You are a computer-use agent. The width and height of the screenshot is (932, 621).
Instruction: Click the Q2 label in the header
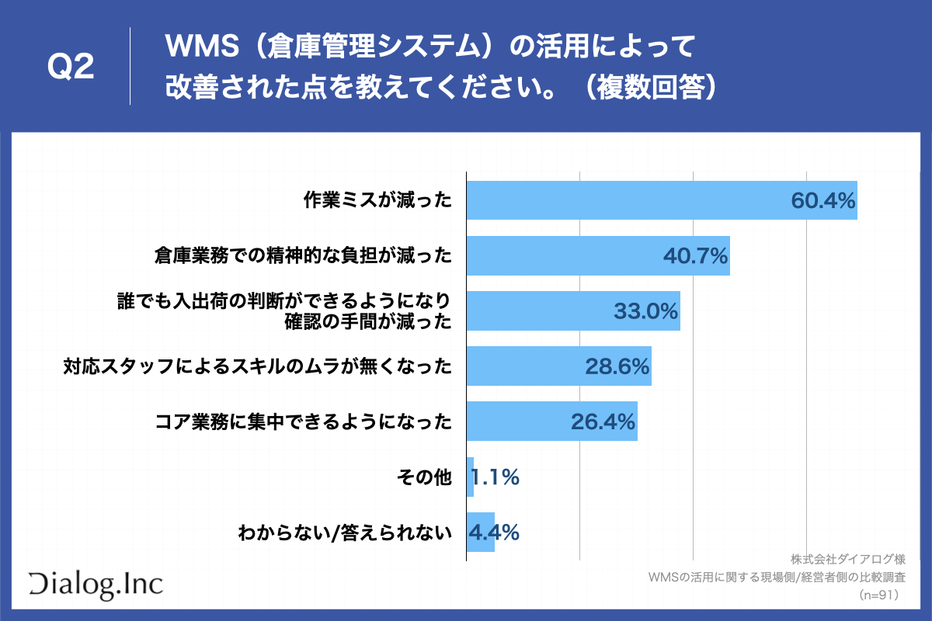71,68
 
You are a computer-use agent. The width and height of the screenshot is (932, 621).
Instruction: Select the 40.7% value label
695,255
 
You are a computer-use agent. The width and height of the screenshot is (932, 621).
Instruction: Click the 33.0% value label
646,311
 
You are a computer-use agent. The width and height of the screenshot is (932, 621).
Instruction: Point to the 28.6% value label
617,366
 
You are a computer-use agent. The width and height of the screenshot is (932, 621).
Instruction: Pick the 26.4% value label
603,422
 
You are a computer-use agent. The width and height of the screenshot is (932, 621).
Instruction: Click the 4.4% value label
494,533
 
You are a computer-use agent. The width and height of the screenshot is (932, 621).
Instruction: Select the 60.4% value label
822,200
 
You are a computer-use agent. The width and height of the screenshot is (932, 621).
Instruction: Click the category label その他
423,477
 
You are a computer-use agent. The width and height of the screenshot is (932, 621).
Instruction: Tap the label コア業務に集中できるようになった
303,422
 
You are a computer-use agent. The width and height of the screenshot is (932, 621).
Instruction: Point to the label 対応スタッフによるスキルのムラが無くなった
257,366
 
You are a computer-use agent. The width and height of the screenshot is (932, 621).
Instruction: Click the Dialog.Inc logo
96,584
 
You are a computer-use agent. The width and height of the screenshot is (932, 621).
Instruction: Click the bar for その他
470,477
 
